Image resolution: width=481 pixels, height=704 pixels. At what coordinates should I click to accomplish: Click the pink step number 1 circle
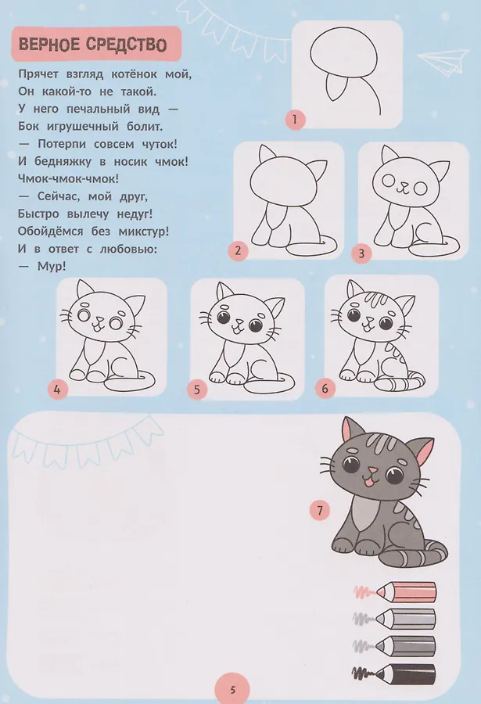click(x=295, y=120)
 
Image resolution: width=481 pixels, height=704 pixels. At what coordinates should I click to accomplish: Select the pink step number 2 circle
click(x=238, y=250)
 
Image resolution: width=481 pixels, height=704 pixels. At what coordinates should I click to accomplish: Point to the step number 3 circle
click(x=362, y=254)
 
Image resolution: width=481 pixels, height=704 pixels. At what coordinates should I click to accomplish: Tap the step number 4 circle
click(x=57, y=389)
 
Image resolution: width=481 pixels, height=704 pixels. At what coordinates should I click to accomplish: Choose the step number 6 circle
click(x=325, y=388)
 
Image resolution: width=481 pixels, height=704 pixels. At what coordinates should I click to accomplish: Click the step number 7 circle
click(x=320, y=511)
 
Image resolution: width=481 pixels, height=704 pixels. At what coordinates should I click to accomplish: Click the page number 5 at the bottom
click(x=232, y=689)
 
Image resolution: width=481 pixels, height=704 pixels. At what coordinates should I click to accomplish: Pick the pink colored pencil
click(x=396, y=592)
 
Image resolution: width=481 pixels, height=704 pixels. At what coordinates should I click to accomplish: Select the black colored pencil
click(x=394, y=674)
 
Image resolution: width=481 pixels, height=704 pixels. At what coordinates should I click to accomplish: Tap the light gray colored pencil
click(x=395, y=620)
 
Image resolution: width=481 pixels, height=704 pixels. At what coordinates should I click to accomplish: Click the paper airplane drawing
click(x=443, y=60)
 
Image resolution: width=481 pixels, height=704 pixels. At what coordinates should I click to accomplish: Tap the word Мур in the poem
click(x=50, y=266)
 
